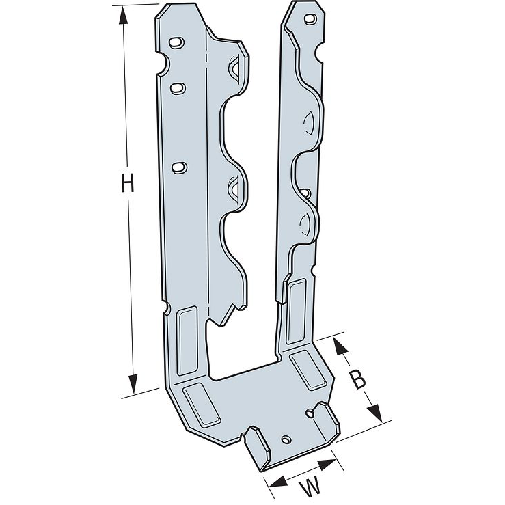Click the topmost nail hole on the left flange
click(176, 43)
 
